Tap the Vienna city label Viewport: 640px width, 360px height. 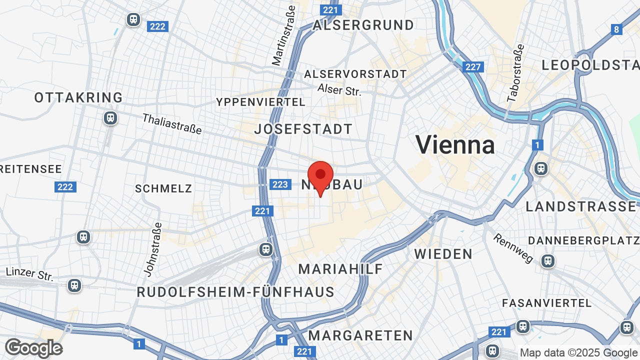(455, 145)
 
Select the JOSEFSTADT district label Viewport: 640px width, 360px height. (303, 129)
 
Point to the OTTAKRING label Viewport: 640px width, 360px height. (78, 97)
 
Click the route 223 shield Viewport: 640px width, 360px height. (280, 184)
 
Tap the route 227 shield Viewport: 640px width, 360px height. (472, 67)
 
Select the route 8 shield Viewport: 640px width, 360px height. (616, 29)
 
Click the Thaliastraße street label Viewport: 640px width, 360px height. (172, 124)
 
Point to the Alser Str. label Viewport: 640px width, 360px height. (339, 89)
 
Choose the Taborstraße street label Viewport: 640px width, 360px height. (515, 73)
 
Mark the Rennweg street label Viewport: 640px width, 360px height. (513, 248)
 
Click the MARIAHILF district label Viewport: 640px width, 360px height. (340, 269)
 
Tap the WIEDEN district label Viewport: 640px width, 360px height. (443, 254)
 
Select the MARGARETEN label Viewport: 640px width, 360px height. (360, 335)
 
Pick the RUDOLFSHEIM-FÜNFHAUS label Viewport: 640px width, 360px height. (235, 292)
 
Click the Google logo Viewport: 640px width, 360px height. (33, 348)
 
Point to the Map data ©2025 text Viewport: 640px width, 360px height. (579, 353)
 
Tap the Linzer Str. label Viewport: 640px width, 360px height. (29, 273)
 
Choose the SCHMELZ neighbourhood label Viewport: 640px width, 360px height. (163, 188)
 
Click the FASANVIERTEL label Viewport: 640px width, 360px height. (546, 303)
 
